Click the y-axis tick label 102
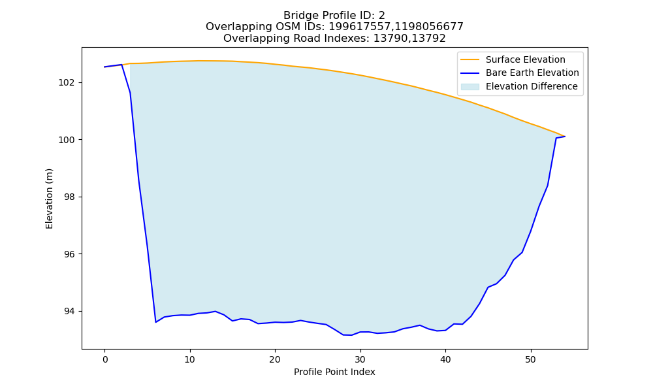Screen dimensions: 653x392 66,82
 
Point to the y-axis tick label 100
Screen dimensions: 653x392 66,140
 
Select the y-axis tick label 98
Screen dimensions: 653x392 69,197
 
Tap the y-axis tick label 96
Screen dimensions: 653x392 69,254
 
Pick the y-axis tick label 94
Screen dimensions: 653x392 69,311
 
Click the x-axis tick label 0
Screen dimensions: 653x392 105,359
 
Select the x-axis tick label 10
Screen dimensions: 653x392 190,359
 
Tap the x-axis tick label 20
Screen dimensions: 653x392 275,359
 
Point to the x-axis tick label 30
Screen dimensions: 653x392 360,359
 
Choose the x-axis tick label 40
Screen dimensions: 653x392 445,359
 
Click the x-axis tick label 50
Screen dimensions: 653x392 530,359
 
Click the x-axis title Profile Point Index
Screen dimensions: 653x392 334,372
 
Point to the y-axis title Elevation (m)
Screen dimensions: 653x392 49,199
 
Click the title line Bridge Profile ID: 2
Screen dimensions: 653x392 334,16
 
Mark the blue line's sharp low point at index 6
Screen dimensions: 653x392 156,322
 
